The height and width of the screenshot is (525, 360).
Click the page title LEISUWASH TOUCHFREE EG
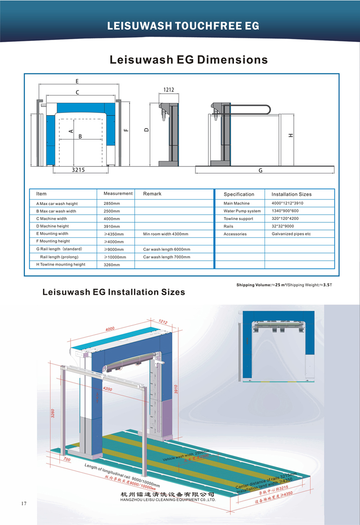[183, 26]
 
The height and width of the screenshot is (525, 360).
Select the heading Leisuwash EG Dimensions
[189, 59]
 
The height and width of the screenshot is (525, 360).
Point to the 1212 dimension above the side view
[168, 90]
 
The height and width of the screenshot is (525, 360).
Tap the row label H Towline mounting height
[61, 264]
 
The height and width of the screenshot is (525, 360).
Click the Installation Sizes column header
[291, 194]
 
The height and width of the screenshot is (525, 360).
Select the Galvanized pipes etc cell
[291, 234]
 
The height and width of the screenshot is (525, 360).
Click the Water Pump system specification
[242, 211]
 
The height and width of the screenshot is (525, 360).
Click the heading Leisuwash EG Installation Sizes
[113, 292]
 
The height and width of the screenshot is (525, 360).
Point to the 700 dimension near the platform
[67, 460]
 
